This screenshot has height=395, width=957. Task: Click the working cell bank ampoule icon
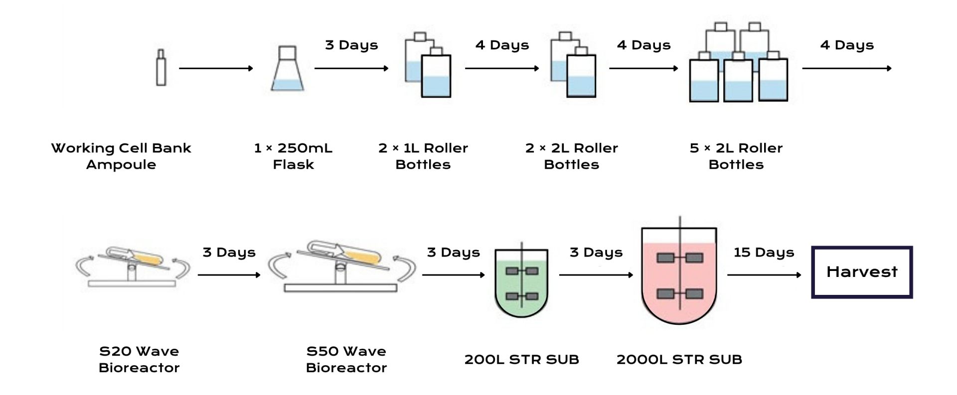[x=160, y=67]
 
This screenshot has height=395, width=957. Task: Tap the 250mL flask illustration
[x=287, y=70]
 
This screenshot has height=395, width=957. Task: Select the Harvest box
[x=862, y=272]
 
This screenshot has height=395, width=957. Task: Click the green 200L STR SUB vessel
[x=521, y=284]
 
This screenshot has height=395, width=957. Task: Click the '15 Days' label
[x=764, y=253]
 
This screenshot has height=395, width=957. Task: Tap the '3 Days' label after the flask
[x=351, y=45]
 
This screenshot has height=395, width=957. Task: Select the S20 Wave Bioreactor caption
[x=139, y=359]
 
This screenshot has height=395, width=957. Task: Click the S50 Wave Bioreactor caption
[x=346, y=359]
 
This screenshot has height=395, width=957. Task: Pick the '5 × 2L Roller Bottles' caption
[x=736, y=156]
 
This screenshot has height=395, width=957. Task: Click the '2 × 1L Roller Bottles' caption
[x=423, y=156]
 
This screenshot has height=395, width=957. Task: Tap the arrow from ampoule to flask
[x=216, y=68]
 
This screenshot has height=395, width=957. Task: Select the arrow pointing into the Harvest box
[x=764, y=274]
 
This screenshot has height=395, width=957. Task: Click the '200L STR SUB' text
[x=521, y=359]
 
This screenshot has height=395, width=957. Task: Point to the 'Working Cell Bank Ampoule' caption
[x=121, y=156]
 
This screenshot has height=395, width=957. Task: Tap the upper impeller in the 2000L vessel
[x=680, y=258]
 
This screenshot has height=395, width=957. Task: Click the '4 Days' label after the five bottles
[x=847, y=45]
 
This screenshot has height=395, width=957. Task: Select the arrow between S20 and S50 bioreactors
[x=229, y=274]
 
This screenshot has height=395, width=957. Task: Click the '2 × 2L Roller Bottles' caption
[x=571, y=156]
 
